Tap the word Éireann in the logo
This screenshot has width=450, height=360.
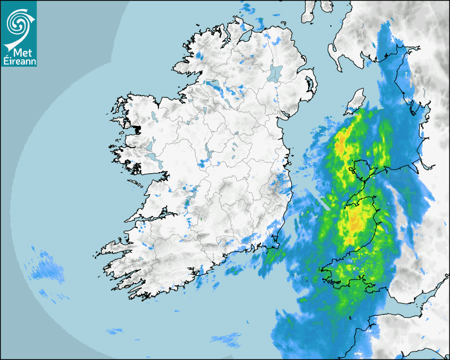(18, 61)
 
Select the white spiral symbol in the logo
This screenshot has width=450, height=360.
(18, 22)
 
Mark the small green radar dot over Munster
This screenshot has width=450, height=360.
(201, 219)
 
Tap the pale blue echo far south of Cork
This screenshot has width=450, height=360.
(227, 338)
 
